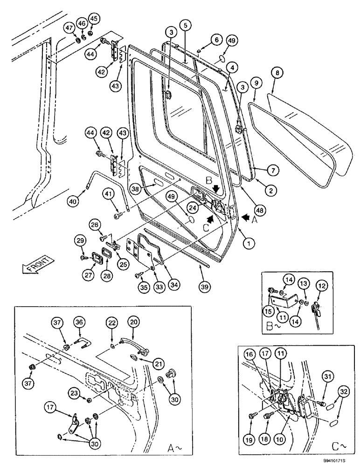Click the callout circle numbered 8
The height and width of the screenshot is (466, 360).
(x=277, y=73)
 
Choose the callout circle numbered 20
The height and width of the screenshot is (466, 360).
(x=134, y=322)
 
